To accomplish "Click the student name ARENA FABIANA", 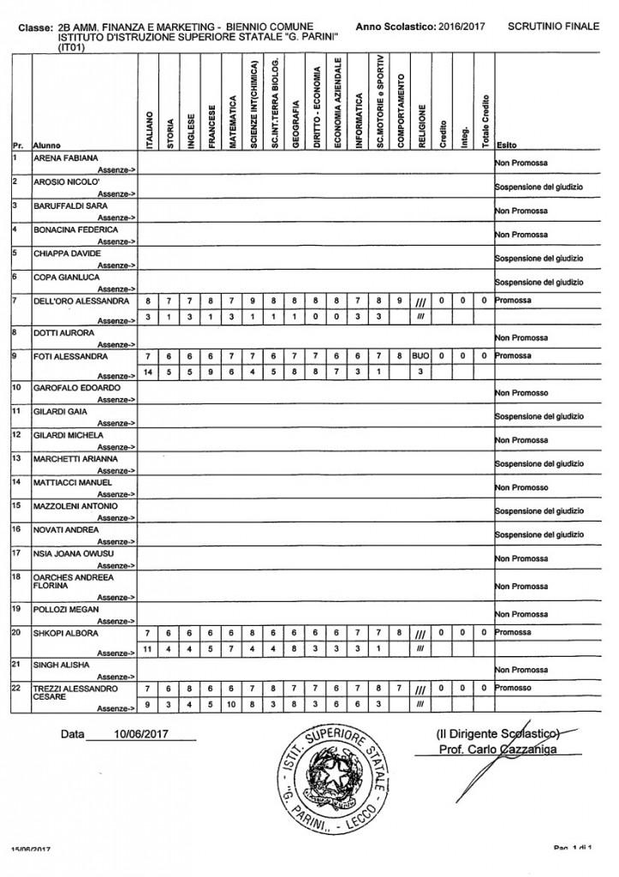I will coord(65,159).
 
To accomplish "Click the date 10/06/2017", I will coord(142,735).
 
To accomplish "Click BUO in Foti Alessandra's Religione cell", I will coord(420,355).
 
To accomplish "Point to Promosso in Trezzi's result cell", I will coord(515,688).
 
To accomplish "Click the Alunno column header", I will coord(46,146).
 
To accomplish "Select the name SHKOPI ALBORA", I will coord(65,634).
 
